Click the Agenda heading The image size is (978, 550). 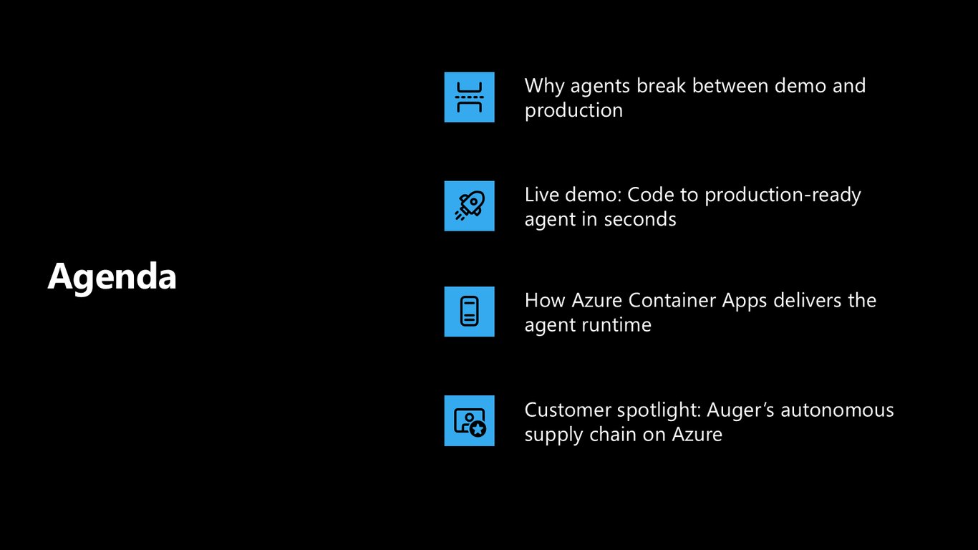(x=112, y=276)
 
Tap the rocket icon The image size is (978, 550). (x=470, y=206)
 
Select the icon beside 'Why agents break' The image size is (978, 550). (x=470, y=97)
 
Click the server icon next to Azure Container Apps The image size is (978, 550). (x=470, y=312)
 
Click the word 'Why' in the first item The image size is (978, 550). (x=544, y=87)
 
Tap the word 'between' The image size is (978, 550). (x=730, y=86)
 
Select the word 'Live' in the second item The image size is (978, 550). (x=541, y=194)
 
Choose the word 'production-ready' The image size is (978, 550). (x=783, y=196)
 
